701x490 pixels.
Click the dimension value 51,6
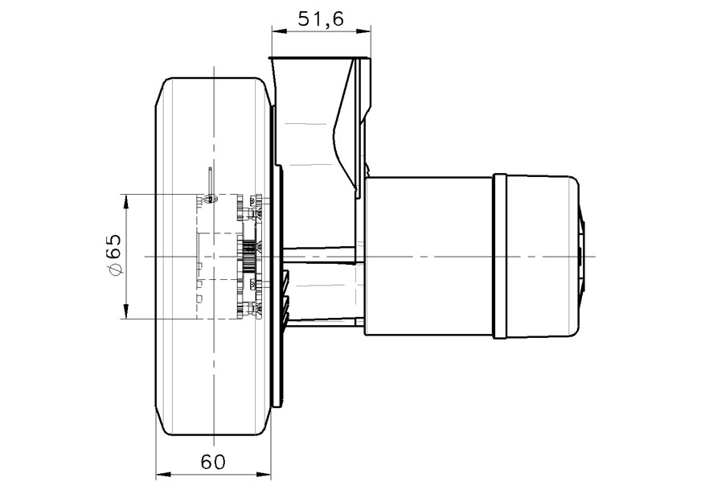click(321, 19)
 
